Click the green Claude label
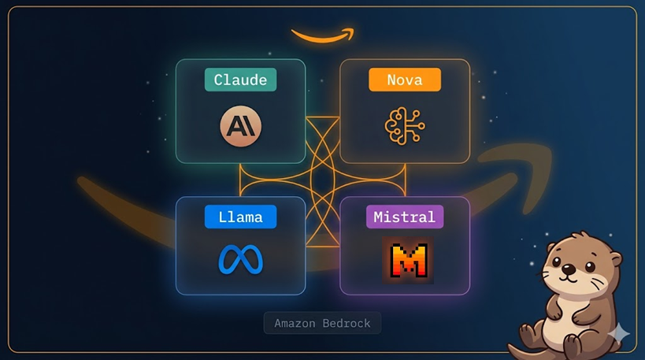tap(240, 80)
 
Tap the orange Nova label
tap(404, 80)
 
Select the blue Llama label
tap(240, 217)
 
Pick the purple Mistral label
tap(404, 217)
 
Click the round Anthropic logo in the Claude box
tap(240, 124)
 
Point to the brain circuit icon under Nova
tap(404, 125)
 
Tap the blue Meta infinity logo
tap(240, 260)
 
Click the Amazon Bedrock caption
tap(322, 323)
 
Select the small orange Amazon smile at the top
tap(322, 35)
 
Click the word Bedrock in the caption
tap(347, 323)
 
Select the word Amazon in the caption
tap(295, 323)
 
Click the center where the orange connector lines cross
tap(322, 180)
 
